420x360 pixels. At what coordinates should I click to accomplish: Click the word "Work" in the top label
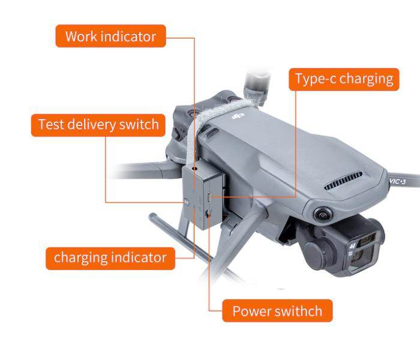point(82,37)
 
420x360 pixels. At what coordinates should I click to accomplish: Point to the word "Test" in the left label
point(51,125)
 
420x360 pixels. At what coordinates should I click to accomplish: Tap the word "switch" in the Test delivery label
point(139,125)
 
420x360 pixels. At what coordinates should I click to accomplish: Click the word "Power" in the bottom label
point(251,311)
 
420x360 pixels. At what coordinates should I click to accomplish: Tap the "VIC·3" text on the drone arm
point(397,182)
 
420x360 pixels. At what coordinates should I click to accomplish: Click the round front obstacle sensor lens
point(322,214)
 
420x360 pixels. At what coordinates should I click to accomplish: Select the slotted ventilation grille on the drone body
point(343,181)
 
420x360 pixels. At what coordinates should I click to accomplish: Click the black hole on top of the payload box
point(195,169)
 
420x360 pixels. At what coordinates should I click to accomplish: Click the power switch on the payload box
point(208,214)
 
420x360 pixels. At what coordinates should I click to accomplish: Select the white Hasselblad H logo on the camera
point(353,245)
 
